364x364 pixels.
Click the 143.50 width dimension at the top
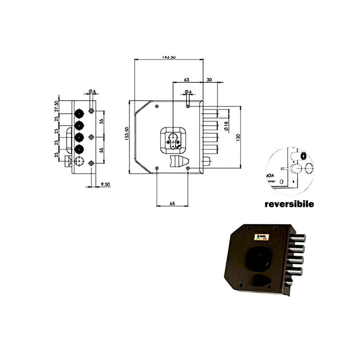click(x=168, y=57)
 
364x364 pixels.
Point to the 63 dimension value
click(x=186, y=80)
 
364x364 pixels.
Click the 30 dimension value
click(x=209, y=80)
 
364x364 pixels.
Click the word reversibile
click(x=289, y=204)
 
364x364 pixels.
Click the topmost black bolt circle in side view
click(x=79, y=113)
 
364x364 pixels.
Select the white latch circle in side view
click(x=79, y=161)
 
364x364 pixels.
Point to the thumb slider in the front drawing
click(x=177, y=162)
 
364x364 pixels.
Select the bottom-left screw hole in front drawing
click(x=157, y=168)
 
